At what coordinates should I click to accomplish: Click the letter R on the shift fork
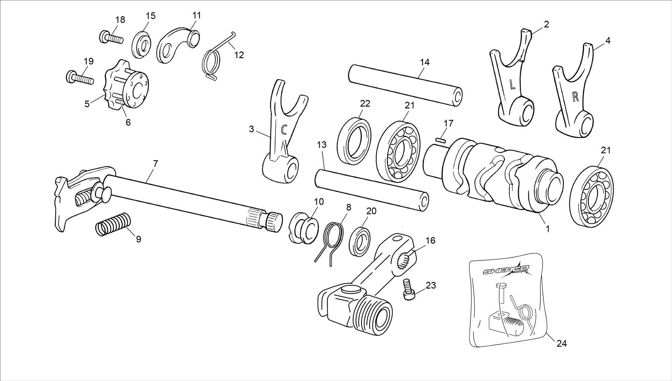575,97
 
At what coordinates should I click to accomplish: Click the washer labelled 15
142,44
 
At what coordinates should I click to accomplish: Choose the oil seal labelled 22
353,141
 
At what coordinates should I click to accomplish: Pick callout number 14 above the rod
425,62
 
